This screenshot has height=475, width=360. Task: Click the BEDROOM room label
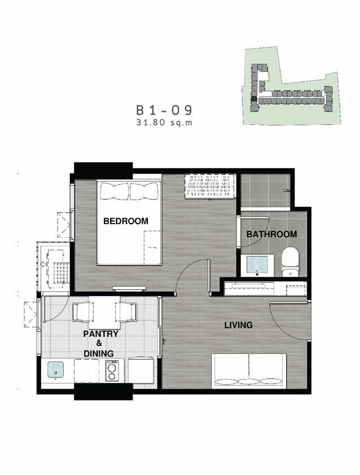126,221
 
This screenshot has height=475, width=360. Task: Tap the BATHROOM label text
271,234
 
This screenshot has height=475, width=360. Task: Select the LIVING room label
238,325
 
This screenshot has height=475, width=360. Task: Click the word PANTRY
101,334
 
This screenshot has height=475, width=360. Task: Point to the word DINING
99,354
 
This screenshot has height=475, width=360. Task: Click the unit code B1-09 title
164,110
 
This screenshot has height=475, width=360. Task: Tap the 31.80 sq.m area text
164,123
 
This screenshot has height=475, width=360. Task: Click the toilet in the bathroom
291,262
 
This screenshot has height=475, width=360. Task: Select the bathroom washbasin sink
257,265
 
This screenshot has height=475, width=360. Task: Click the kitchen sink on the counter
56,370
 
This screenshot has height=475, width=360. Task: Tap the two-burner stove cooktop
112,370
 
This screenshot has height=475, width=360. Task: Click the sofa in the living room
249,371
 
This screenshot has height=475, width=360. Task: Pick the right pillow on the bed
144,191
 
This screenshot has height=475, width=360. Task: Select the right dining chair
126,312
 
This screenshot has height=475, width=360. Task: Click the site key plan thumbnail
292,86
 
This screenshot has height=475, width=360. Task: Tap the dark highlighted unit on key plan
253,98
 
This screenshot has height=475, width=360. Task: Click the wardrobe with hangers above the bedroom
210,186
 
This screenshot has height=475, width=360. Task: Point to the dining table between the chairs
104,312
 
